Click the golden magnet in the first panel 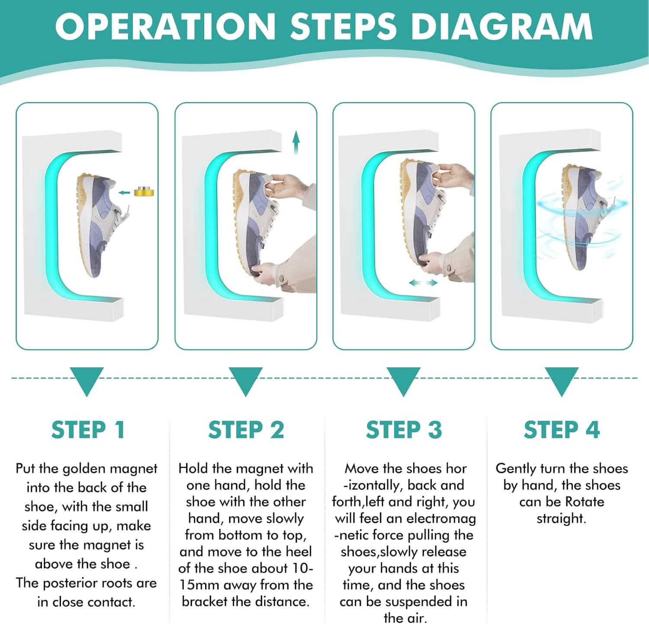pyautogui.click(x=143, y=191)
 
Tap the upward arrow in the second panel pyautogui.click(x=296, y=143)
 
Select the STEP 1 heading pyautogui.click(x=88, y=430)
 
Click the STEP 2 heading pyautogui.click(x=246, y=430)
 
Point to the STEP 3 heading pyautogui.click(x=404, y=430)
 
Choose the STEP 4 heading pyautogui.click(x=562, y=430)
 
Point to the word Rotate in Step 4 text pyautogui.click(x=584, y=502)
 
